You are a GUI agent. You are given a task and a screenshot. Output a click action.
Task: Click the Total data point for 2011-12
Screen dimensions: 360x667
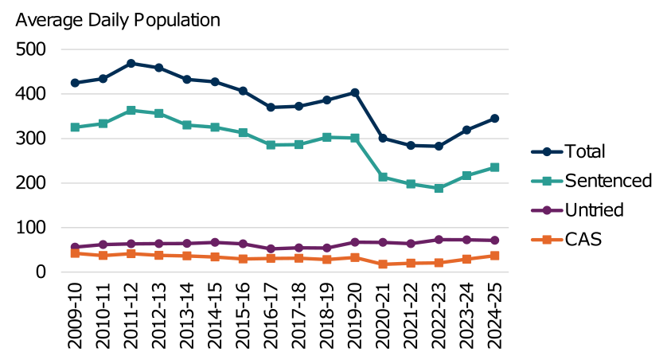tap(131, 63)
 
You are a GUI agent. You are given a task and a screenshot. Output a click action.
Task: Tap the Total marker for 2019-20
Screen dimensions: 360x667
tap(355, 92)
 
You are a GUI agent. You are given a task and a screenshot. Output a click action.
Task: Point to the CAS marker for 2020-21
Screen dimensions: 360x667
tap(383, 264)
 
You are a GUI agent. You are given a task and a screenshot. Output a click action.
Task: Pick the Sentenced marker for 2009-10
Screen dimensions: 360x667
tap(75, 127)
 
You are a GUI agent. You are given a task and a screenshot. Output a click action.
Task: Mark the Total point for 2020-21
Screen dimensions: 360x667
tap(383, 138)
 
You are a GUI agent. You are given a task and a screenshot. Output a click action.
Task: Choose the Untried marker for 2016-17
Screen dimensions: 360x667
tap(271, 248)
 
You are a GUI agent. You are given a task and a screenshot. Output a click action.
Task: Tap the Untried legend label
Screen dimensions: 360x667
tap(593, 209)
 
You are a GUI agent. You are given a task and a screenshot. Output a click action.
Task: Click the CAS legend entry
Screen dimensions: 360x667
tap(583, 239)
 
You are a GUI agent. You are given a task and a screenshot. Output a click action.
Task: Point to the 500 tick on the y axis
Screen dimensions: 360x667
tap(31, 49)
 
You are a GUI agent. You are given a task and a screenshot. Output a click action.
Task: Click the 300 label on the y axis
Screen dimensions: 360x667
tap(31, 139)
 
